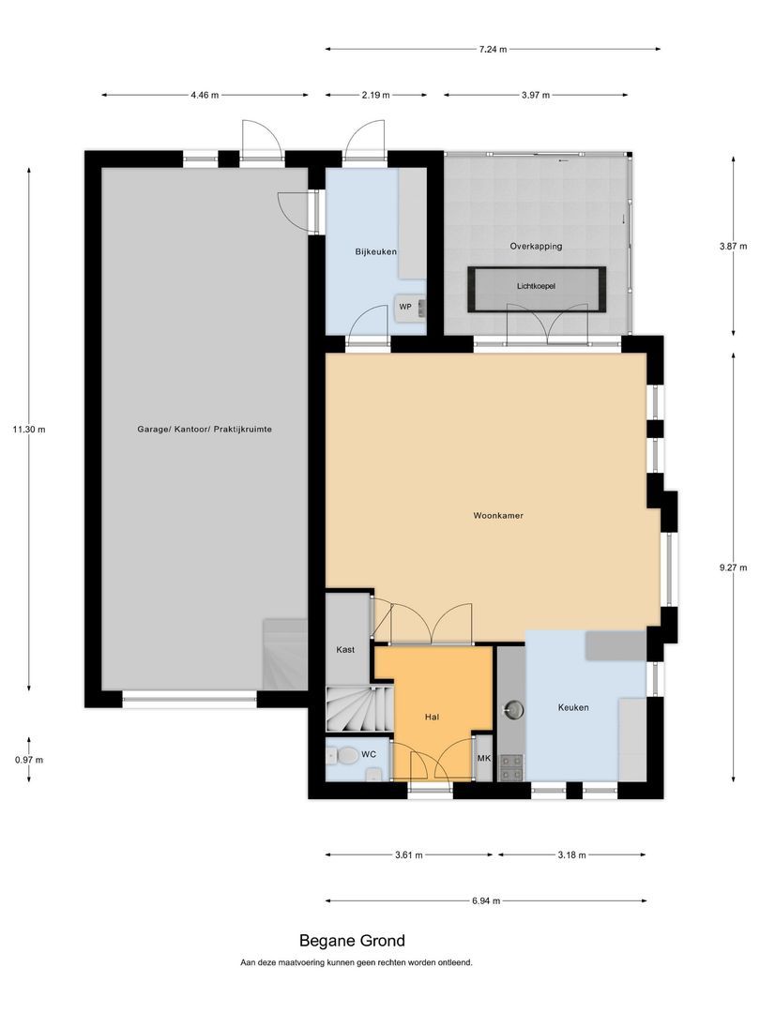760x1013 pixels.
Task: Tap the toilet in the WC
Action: pos(346,755)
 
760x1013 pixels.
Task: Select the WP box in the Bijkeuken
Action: pos(405,306)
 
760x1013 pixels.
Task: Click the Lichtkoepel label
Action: pos(536,286)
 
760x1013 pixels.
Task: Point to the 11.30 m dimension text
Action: pos(30,429)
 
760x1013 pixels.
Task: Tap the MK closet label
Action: pos(484,759)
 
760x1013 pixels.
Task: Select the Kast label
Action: pos(345,649)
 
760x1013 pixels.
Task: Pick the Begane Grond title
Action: pos(352,940)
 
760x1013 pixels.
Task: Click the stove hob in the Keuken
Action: pos(512,768)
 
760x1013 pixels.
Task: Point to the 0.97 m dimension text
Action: pos(29,760)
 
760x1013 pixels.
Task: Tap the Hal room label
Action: pos(432,717)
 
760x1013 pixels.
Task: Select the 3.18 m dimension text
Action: pos(570,854)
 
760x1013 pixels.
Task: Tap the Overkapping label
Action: pos(536,246)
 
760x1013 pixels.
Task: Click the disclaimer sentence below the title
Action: pos(357,962)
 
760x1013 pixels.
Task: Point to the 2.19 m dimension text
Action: pos(375,95)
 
